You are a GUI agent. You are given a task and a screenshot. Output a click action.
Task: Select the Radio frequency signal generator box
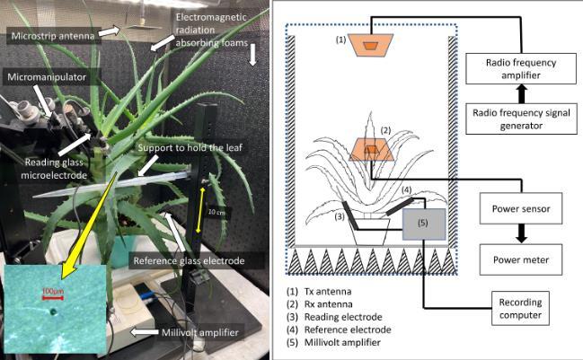[x=519, y=118]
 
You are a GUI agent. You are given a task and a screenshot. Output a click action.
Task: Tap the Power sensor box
[x=519, y=209]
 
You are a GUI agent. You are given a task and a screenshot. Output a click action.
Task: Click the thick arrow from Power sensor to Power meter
[x=519, y=234]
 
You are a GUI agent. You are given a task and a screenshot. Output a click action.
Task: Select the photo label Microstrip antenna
[x=48, y=35]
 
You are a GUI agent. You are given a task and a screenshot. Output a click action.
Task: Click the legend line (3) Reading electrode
[x=334, y=316]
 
